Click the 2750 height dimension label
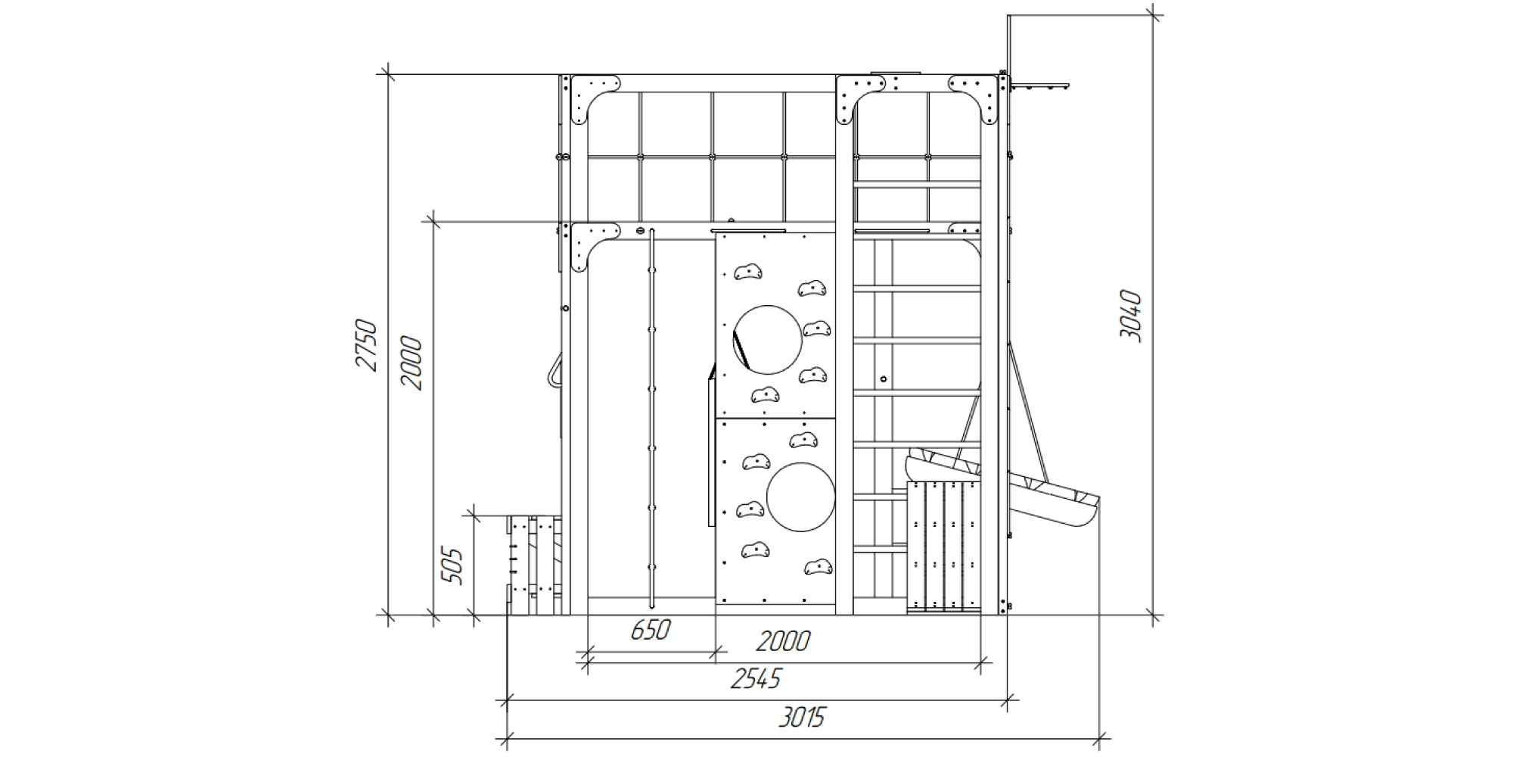(366, 345)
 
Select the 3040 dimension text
(1130, 316)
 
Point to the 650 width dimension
(651, 629)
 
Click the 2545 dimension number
(756, 678)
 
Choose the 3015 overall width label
(802, 716)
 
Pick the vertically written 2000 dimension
(412, 363)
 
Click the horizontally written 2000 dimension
(783, 641)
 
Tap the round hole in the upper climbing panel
(767, 340)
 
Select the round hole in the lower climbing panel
(801, 497)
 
